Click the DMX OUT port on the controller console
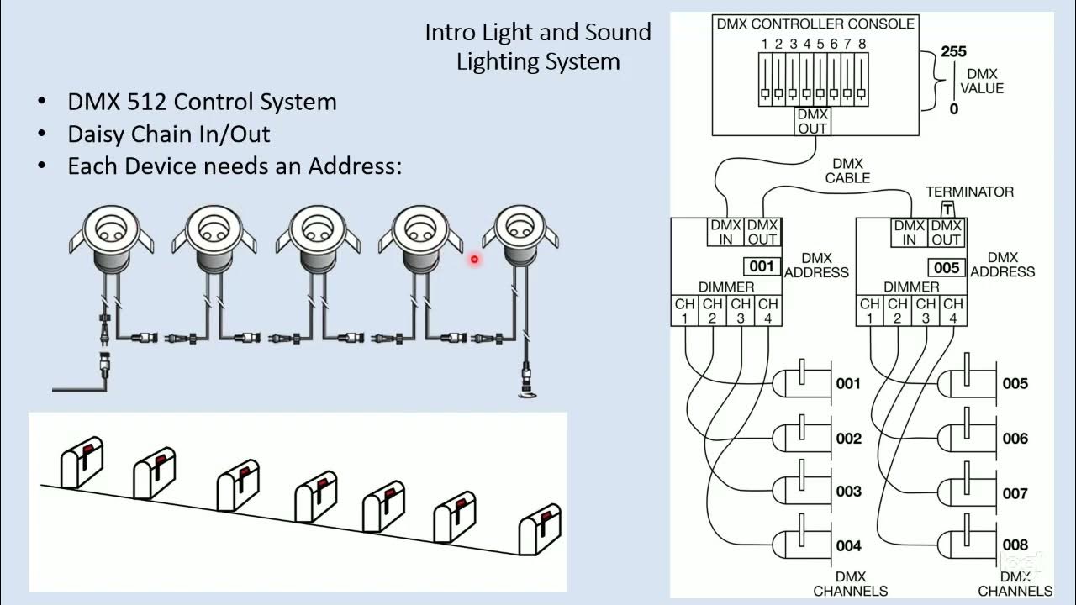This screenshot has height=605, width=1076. point(812,121)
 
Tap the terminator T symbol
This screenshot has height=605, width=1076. point(947,208)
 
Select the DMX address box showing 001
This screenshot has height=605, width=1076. point(761,267)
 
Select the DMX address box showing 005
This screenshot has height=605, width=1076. point(947,267)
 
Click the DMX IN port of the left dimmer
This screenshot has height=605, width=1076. point(725,232)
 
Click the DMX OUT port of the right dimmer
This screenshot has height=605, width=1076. point(947,232)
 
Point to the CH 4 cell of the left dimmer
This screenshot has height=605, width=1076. point(767,310)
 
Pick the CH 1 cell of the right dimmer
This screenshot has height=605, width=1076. point(870,310)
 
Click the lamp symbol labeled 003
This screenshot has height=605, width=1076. point(799,491)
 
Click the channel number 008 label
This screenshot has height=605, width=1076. point(1015,545)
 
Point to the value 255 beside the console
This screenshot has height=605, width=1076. point(953,52)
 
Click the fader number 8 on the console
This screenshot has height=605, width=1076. point(862,44)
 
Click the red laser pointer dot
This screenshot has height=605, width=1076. point(474,260)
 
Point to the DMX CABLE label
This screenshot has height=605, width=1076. point(847,171)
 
